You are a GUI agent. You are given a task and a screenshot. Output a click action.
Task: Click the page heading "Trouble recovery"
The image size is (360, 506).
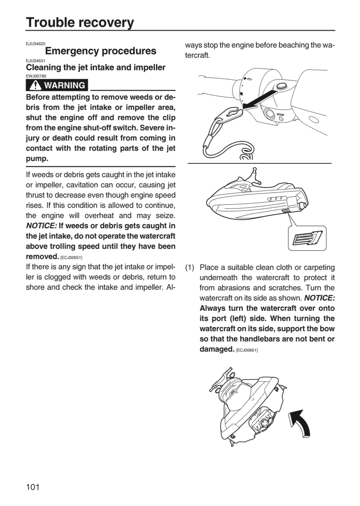[80, 22]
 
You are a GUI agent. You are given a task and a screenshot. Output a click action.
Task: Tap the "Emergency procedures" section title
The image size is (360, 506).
[100, 51]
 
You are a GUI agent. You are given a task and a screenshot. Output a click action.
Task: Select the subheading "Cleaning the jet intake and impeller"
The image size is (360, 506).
[96, 67]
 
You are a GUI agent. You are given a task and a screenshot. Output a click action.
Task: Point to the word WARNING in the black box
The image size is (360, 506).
[65, 85]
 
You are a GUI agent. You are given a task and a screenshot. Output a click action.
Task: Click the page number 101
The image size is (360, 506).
[33, 487]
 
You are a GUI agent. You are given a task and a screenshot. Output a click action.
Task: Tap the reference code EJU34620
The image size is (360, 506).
[36, 44]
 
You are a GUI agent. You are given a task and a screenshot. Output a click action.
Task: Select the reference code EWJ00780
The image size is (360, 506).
[36, 76]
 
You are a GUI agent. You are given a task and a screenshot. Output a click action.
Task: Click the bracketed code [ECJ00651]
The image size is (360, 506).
[71, 258]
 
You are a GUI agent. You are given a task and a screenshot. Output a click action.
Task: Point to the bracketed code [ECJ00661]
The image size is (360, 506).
[247, 350]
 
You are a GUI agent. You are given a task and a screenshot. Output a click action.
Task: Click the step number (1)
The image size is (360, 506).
[190, 268]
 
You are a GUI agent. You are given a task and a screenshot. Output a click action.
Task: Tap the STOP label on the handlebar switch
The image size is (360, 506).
[281, 115]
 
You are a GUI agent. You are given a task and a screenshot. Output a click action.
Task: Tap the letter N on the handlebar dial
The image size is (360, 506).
[241, 93]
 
